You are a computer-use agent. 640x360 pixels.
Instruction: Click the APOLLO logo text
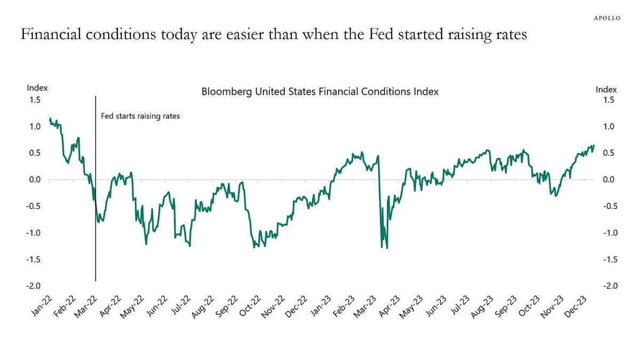click(x=607, y=18)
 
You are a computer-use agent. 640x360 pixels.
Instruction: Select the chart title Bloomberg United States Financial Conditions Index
click(x=319, y=92)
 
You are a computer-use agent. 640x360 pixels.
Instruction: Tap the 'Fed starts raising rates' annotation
click(x=140, y=116)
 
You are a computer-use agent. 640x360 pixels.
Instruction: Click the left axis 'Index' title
click(x=37, y=88)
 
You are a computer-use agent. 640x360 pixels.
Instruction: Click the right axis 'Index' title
click(x=606, y=90)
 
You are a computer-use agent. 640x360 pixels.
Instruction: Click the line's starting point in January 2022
click(x=50, y=118)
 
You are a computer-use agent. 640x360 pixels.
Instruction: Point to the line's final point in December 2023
click(x=594, y=145)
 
